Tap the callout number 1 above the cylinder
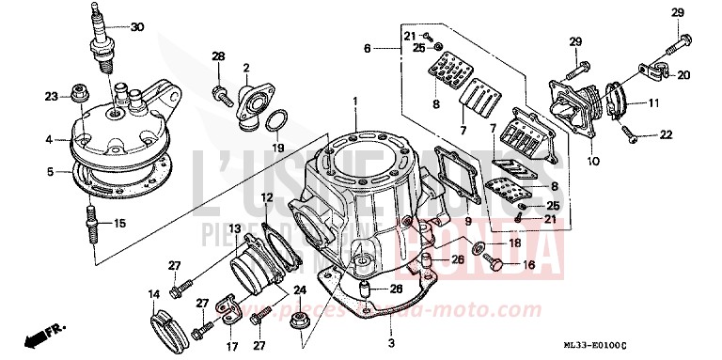355,101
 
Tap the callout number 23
51,96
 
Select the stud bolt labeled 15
93,224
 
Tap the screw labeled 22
636,137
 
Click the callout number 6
369,46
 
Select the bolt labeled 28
223,92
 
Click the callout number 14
153,295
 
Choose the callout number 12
267,197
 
